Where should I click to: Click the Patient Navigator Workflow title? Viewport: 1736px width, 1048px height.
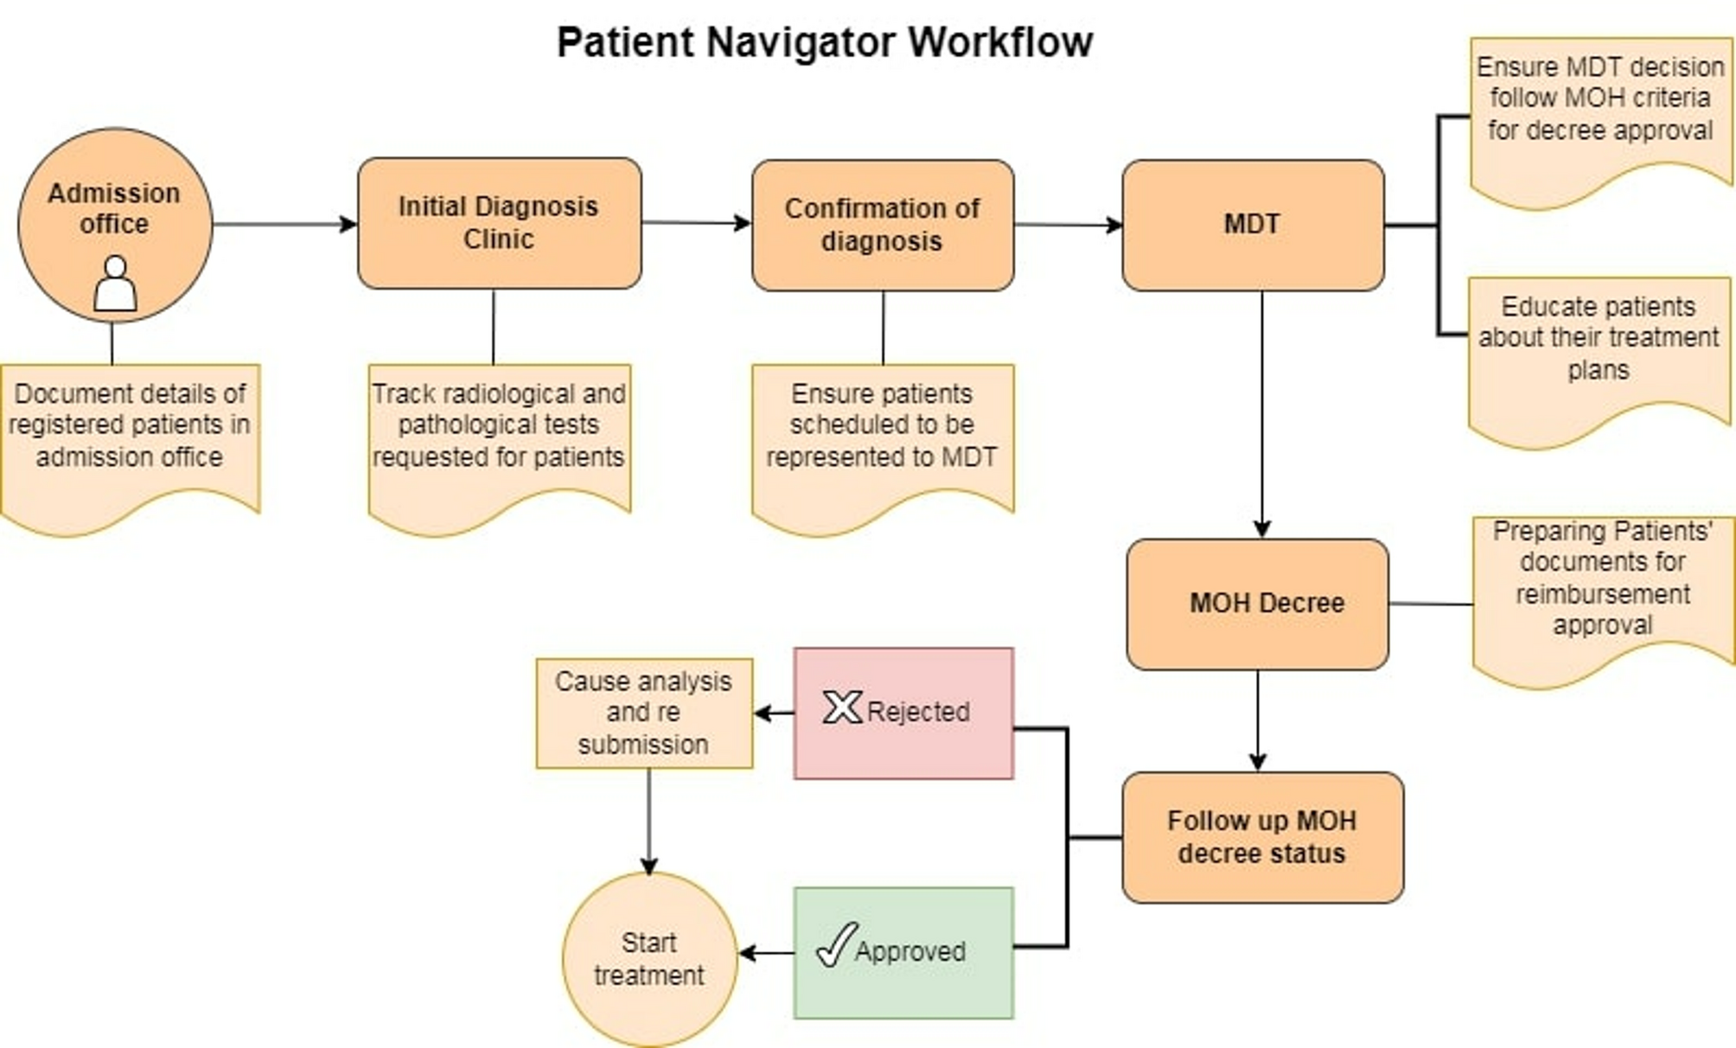[x=824, y=42]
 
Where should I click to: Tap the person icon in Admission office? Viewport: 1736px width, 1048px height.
[x=115, y=283]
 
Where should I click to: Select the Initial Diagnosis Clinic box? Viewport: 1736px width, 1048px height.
[x=499, y=223]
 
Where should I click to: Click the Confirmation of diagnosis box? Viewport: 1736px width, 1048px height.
[x=882, y=225]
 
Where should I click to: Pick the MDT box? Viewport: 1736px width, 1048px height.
[x=1252, y=225]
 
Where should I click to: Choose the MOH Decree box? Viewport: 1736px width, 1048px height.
[x=1257, y=604]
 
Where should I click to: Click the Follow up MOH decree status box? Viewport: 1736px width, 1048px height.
[x=1261, y=837]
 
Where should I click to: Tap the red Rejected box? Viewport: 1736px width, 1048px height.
[x=903, y=713]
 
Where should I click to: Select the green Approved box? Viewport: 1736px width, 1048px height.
[x=903, y=952]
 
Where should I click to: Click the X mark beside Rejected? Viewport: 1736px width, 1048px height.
[x=841, y=707]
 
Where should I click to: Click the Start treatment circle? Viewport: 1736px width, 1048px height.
[x=649, y=959]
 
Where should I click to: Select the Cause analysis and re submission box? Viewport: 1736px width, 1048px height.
[x=644, y=713]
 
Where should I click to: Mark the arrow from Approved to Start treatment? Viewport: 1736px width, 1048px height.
[x=767, y=953]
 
